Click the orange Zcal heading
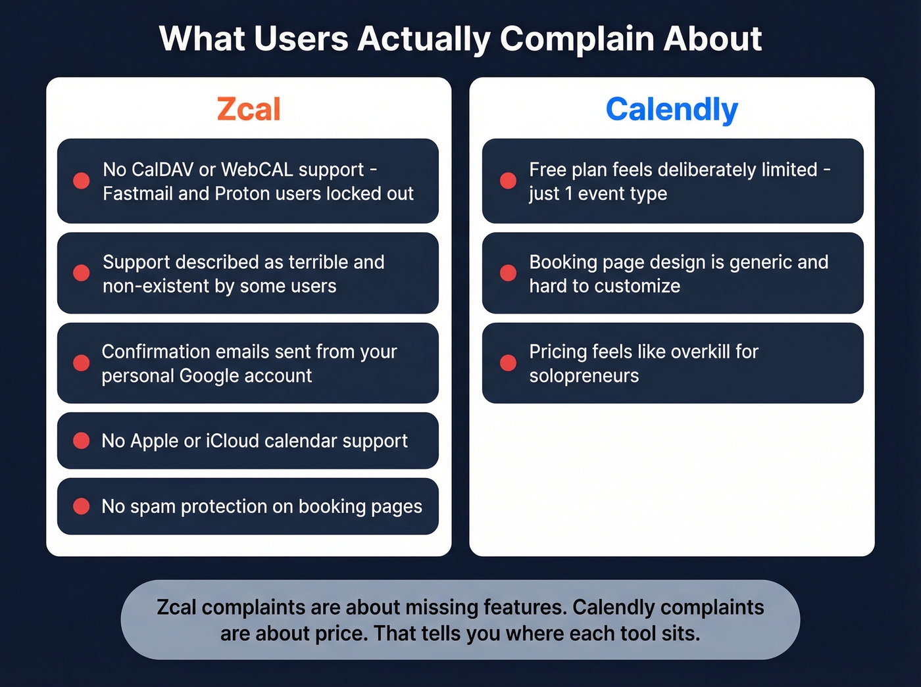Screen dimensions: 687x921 click(249, 109)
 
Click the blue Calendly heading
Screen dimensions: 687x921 click(672, 109)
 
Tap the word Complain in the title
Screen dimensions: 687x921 click(577, 39)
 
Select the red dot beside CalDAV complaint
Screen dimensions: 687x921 click(82, 181)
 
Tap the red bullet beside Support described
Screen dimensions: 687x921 click(82, 273)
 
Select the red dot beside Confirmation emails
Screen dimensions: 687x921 click(82, 363)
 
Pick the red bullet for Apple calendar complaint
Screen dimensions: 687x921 click(82, 440)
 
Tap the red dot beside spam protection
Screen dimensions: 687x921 click(82, 506)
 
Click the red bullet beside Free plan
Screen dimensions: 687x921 click(508, 181)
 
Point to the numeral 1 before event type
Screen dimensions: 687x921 click(568, 193)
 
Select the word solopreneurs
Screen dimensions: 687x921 click(584, 375)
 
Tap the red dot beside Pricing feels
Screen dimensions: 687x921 click(508, 363)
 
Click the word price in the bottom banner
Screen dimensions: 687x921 click(345, 634)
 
